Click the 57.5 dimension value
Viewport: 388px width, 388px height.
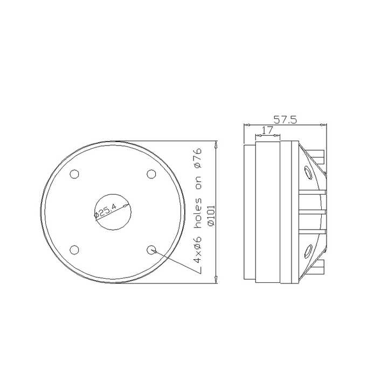[x=285, y=120]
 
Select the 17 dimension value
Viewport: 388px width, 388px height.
[x=267, y=130]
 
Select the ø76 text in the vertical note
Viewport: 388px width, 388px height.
[x=197, y=157]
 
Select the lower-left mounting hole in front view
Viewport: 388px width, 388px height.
[x=74, y=249]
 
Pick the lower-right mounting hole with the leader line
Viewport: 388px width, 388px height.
[x=151, y=249]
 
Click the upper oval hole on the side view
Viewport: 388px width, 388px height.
[x=308, y=172]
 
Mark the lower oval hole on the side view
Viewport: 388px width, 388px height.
[x=308, y=250]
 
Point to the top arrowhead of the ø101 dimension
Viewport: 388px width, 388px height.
[x=216, y=144]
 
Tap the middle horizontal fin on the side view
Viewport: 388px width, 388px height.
[x=313, y=211]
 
